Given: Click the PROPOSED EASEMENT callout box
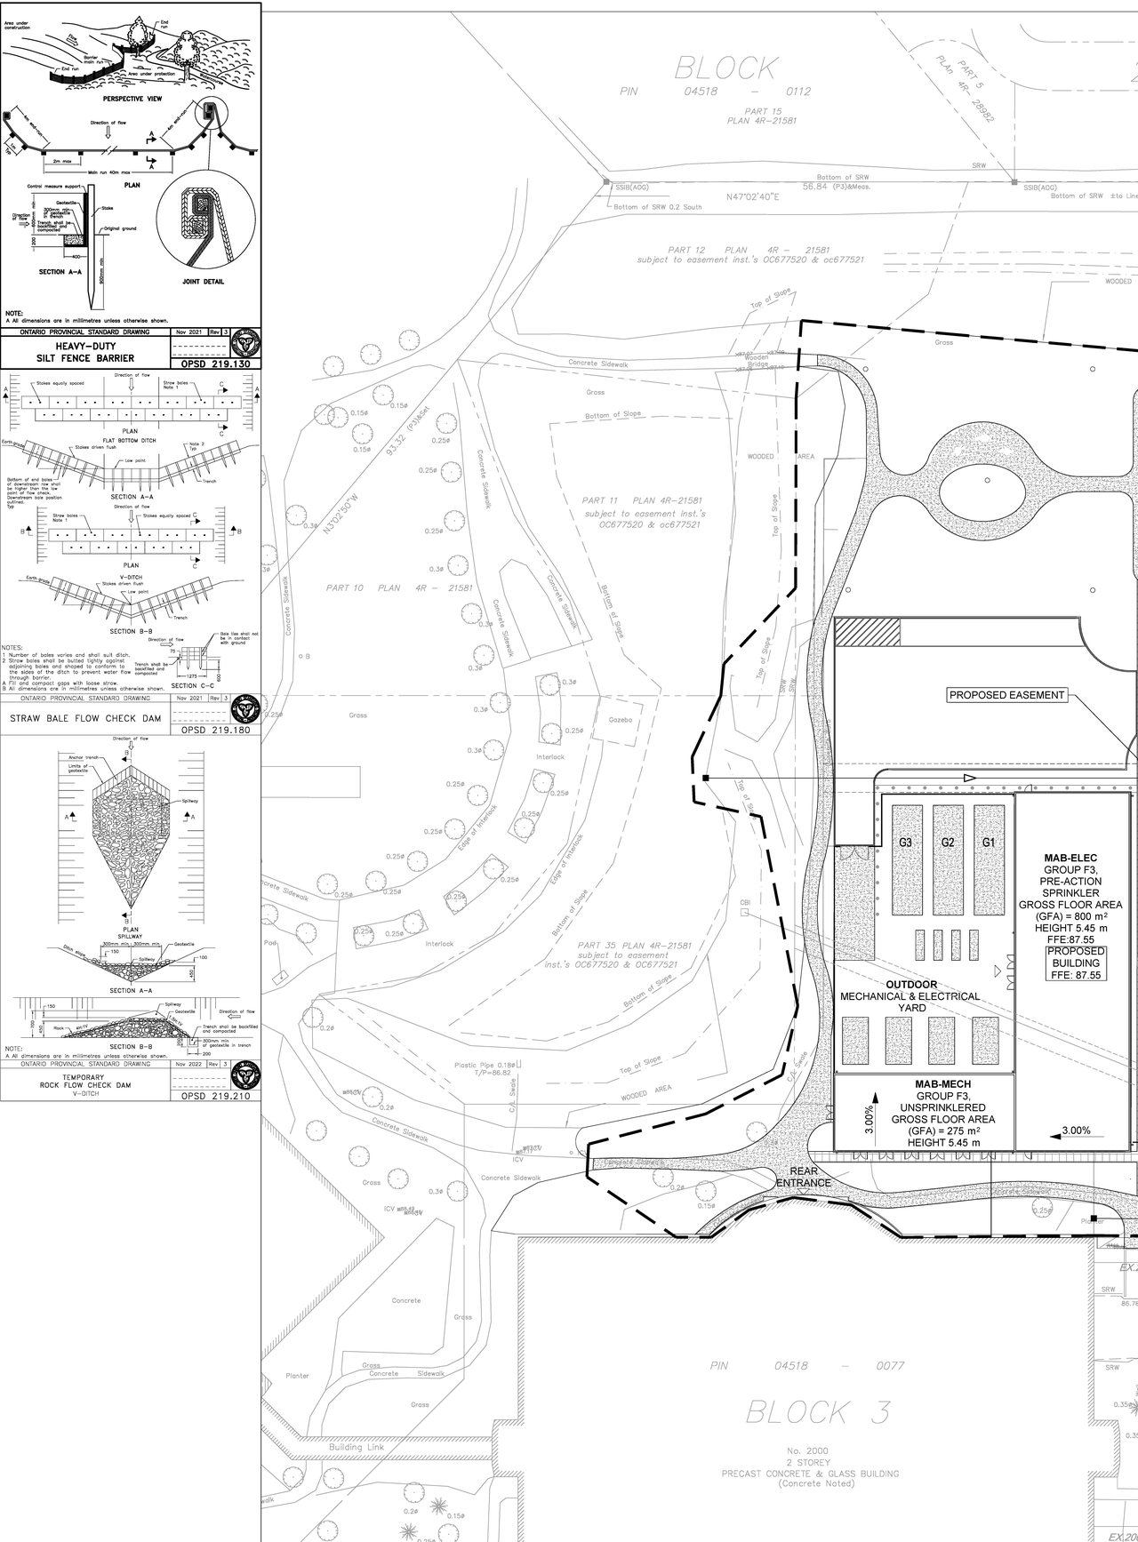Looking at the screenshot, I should coord(1006,695).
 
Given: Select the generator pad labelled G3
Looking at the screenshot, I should coord(905,859).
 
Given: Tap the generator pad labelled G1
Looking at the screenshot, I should coord(990,859).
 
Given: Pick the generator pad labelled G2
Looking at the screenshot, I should coord(948,859).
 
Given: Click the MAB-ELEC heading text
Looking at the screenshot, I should coord(1070,859).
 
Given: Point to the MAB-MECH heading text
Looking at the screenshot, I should coord(942,1084).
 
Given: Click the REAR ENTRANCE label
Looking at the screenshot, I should coord(803,1177).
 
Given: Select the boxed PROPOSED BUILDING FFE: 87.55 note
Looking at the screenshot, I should coord(1077,963).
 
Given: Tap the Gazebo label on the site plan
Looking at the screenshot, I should coord(620,719).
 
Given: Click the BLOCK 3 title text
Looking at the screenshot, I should coord(816,1412).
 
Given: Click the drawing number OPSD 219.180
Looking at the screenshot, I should coord(215,730).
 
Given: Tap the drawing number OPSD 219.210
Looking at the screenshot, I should coord(215,1096).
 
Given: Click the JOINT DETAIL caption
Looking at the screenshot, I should coord(203,282).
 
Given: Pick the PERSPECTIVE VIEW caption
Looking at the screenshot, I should coord(131,99).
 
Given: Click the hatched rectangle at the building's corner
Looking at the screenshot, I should coord(868,632).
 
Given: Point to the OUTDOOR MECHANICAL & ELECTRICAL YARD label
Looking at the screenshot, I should coord(910,996).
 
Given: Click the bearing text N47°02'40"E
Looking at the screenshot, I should coord(752,196).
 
